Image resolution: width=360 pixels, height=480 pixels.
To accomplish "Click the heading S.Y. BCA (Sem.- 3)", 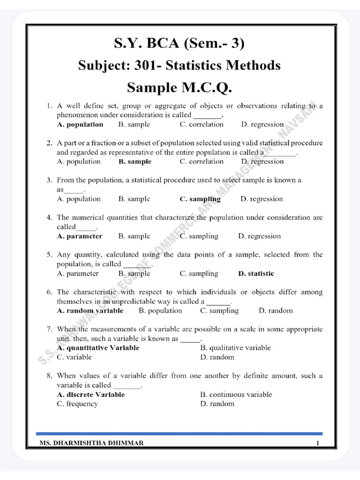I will tap(180, 44).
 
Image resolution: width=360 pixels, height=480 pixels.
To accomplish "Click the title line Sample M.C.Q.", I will tap(180, 88).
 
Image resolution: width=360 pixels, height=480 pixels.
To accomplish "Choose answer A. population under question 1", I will tap(80, 125).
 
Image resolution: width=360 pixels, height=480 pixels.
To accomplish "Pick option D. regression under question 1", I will tap(262, 125).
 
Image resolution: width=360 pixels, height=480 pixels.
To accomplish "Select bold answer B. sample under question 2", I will tap(135, 162).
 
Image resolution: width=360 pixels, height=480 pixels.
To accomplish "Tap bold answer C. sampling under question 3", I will tap(200, 199).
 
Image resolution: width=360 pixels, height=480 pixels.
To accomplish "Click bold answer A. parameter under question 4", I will tap(79, 236).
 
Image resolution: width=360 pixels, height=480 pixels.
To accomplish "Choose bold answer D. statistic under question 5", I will tap(256, 273).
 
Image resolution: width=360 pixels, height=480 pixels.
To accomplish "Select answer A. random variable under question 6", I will tap(90, 311).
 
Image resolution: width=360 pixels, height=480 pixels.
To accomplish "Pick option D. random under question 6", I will tap(276, 311).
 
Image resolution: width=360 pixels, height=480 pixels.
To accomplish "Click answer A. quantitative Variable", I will tap(98, 348).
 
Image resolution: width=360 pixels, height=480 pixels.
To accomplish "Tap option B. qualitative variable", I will tap(235, 348).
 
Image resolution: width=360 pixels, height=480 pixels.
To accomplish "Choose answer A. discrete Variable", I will tap(90, 395).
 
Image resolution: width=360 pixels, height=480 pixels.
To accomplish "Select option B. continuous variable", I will tap(236, 395).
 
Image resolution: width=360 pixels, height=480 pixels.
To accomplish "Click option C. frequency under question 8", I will tap(77, 404).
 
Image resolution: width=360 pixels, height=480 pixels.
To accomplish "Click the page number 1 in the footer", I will tap(318, 443).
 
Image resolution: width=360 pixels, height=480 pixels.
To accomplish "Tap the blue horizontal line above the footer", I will tap(180, 434).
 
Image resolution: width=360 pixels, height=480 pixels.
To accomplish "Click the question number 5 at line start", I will tap(49, 255).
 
